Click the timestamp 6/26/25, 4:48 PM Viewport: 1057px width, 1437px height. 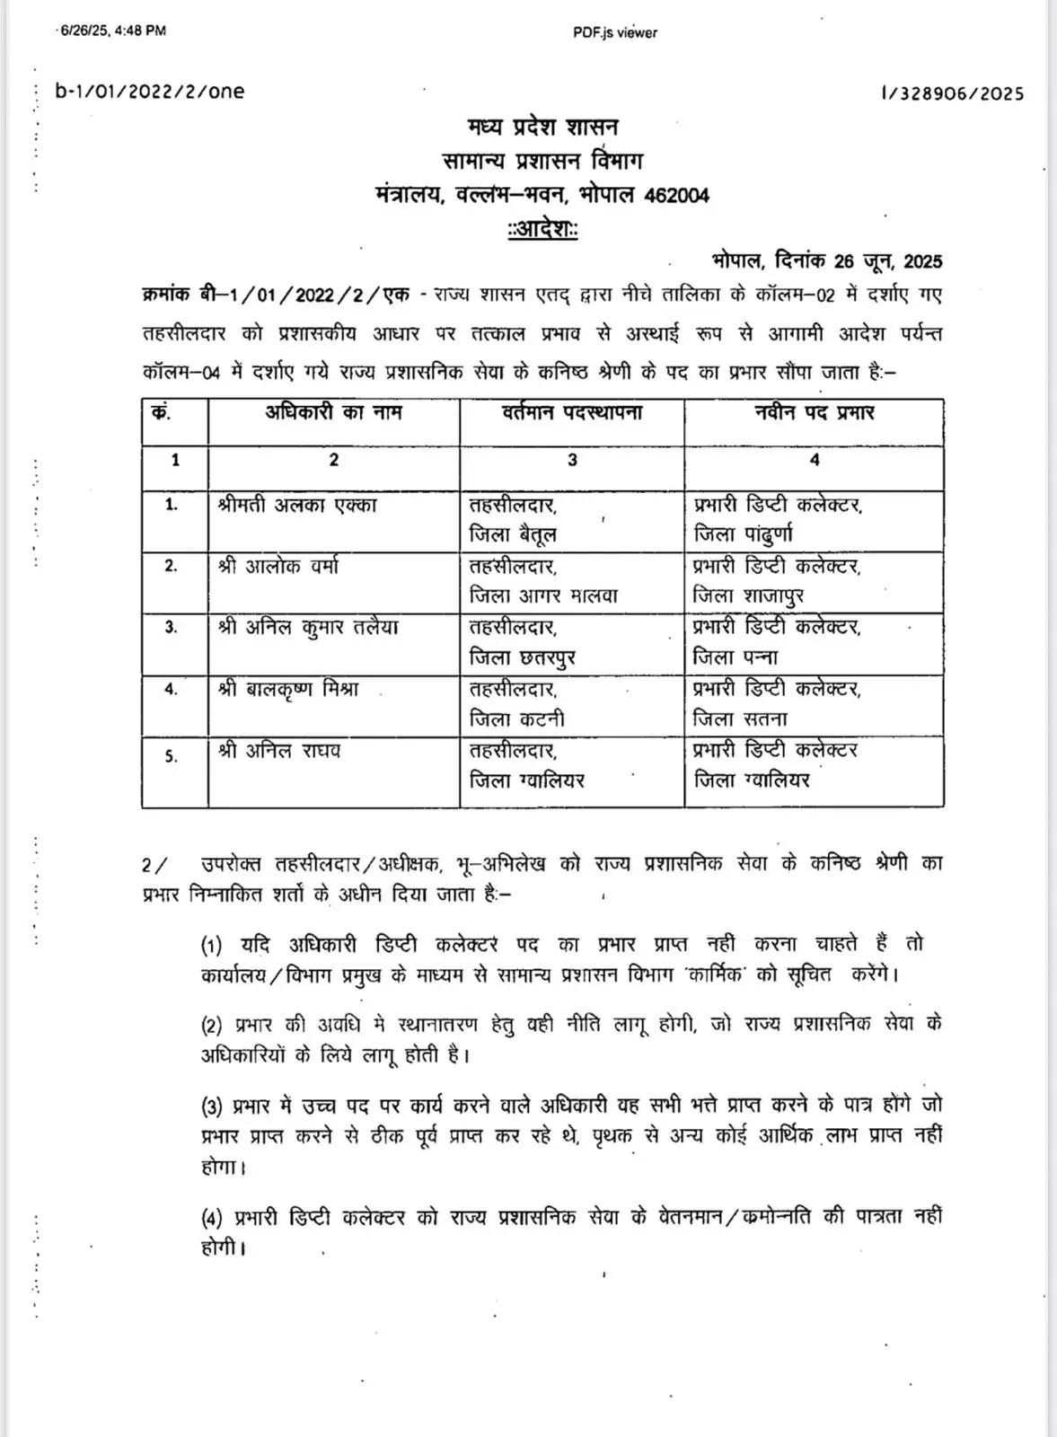[112, 31]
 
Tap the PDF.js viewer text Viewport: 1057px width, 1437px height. [615, 32]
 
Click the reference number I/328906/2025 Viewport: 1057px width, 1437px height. [952, 93]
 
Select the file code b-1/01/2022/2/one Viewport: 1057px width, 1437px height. [150, 91]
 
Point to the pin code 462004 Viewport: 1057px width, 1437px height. [676, 195]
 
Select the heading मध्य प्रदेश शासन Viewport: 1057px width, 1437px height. [542, 127]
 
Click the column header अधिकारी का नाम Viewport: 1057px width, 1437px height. [333, 412]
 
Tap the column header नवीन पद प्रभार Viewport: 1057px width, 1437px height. [814, 412]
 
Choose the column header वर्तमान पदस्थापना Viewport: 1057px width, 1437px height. [572, 412]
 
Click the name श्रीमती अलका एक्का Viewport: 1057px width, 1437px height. [297, 505]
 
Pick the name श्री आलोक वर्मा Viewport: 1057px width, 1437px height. [278, 566]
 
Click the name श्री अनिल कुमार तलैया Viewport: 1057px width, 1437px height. [307, 627]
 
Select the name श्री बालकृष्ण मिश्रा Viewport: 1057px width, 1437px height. [288, 689]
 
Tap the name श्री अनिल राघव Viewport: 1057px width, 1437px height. [279, 750]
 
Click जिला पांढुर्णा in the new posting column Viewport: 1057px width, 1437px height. [743, 535]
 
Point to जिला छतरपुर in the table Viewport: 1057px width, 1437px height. [522, 658]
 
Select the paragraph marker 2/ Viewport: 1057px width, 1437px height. [154, 865]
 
